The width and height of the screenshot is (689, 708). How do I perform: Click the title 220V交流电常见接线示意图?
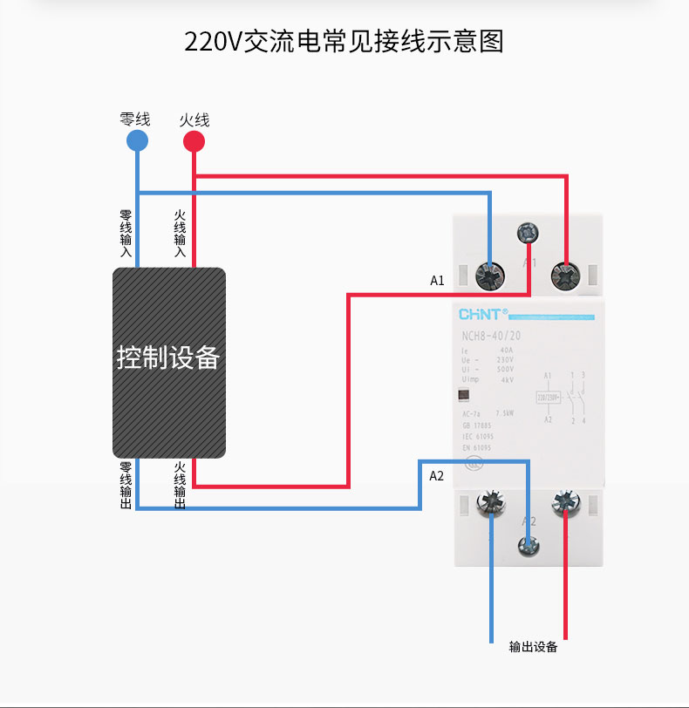(x=344, y=42)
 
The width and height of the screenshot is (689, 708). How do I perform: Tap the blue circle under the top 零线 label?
(x=137, y=141)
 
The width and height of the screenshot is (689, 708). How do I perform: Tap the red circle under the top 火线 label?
(x=194, y=141)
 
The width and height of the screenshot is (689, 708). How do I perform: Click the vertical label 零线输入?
(x=126, y=233)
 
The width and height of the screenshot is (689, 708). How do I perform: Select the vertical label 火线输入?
(x=181, y=233)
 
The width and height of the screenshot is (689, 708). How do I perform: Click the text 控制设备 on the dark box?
(x=168, y=358)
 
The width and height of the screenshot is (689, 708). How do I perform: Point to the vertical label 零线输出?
(x=126, y=486)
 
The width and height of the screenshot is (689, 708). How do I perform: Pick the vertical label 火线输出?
(x=181, y=486)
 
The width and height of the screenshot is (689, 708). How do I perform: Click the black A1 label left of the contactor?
(x=437, y=281)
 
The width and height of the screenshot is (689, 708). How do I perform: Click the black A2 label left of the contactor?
(x=437, y=476)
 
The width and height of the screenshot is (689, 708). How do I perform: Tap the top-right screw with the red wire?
(x=567, y=276)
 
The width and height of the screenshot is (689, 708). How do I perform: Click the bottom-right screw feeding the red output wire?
(x=567, y=503)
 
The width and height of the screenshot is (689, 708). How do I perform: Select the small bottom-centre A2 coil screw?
(x=529, y=546)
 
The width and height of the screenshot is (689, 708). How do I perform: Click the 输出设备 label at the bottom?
(x=533, y=647)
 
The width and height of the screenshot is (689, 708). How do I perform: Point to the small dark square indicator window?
(x=462, y=394)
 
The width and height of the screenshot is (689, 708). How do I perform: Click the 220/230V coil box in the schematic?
(x=549, y=397)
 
